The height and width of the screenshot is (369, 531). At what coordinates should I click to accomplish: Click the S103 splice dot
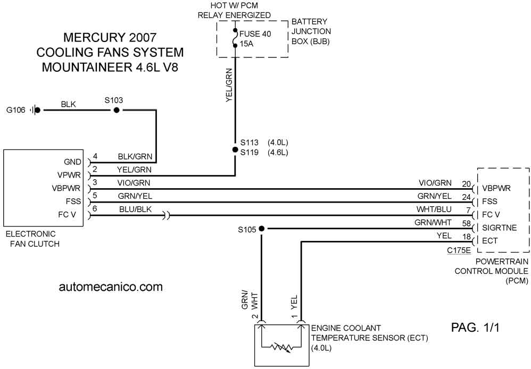117,110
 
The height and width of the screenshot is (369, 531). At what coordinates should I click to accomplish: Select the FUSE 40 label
255,34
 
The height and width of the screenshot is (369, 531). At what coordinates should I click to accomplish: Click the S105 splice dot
261,229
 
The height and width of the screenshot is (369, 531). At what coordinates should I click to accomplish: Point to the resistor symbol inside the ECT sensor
281,347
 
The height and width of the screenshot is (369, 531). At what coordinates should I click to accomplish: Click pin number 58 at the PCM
466,223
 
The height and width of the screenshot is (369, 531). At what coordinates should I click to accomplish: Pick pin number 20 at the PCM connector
466,184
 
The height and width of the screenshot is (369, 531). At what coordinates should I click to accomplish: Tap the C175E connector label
459,250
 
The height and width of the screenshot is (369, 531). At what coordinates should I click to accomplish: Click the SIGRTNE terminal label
500,228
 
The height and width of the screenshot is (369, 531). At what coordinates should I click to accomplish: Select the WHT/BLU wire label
434,209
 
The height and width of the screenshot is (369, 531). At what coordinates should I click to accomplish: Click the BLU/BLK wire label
136,209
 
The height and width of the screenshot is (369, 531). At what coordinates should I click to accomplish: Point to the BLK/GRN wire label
135,156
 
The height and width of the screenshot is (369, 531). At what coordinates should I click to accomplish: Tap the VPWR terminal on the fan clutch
69,175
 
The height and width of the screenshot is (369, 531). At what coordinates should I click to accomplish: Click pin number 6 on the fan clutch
95,208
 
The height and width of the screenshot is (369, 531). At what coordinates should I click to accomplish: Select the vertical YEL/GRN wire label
229,85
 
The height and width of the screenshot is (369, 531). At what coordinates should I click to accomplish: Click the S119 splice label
249,153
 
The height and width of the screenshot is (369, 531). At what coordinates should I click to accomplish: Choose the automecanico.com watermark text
111,287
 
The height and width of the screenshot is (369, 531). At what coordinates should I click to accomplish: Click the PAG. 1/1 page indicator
475,328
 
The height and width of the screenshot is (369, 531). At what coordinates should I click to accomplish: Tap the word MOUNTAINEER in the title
87,67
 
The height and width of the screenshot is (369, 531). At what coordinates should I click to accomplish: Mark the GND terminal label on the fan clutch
72,162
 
